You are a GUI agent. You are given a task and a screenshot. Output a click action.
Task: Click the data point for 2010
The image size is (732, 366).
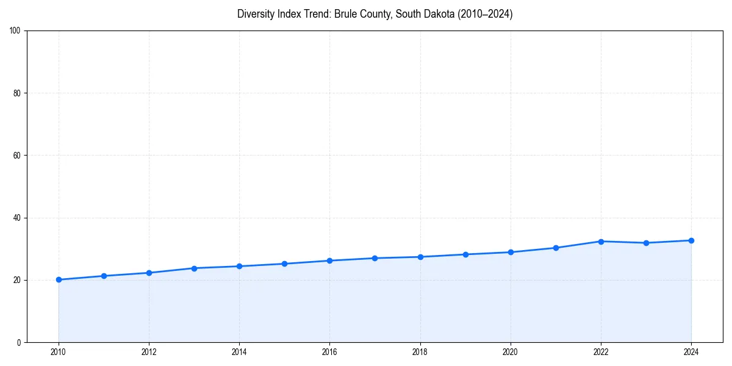click(x=59, y=280)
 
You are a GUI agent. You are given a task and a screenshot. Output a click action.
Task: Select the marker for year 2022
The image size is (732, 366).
click(x=601, y=242)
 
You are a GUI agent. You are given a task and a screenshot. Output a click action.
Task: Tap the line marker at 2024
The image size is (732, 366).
click(x=691, y=240)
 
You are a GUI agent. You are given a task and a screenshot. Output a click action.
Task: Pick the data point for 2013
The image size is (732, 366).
click(x=194, y=268)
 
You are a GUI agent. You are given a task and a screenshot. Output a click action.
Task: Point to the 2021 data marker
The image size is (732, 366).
click(x=556, y=248)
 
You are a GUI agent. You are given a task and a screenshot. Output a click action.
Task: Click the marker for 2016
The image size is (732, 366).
click(x=329, y=260)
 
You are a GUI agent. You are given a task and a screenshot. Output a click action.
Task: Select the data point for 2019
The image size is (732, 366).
click(x=465, y=254)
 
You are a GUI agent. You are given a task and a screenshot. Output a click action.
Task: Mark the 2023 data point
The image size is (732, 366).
click(x=646, y=243)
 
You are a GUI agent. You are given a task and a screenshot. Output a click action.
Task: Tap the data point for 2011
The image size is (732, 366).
click(x=104, y=276)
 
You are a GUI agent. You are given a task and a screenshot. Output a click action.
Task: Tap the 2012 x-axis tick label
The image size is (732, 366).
click(x=149, y=352)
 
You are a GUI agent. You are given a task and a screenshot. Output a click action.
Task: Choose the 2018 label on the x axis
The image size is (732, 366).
click(x=420, y=352)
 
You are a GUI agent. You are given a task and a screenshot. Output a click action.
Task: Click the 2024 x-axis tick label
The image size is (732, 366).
click(x=691, y=352)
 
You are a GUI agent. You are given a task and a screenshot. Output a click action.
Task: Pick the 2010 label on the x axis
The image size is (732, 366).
click(x=59, y=352)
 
